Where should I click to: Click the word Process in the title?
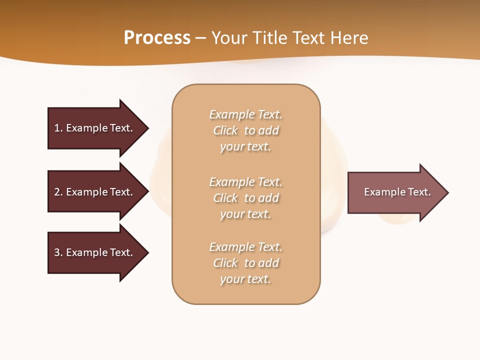click(157, 37)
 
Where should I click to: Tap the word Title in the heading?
click(270, 37)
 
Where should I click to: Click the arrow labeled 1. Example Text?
click(95, 128)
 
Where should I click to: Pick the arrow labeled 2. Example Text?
click(95, 192)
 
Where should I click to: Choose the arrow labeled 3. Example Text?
click(95, 252)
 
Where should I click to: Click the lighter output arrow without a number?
click(395, 192)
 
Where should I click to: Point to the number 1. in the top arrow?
click(58, 128)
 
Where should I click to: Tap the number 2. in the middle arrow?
click(58, 192)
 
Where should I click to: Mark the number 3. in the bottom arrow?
click(58, 252)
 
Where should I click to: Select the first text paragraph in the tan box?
click(246, 130)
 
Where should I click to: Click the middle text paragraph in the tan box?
click(246, 198)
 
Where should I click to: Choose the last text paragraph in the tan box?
click(246, 263)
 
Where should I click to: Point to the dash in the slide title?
click(200, 37)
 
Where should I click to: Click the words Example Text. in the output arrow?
click(397, 192)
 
